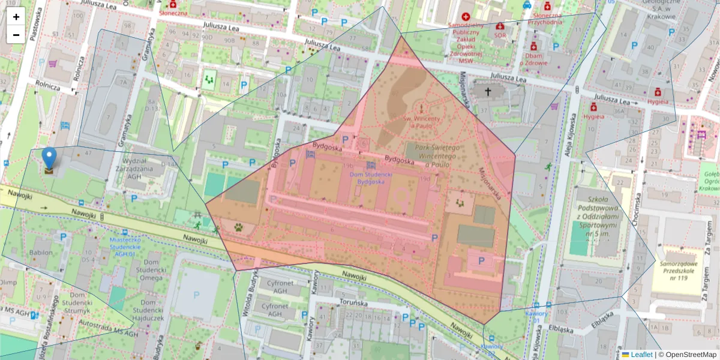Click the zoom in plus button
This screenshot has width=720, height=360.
coord(16,17)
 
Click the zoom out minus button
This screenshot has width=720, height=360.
coord(16,35)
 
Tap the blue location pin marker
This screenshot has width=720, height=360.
coord(49,158)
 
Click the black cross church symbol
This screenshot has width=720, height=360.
coord(488,92)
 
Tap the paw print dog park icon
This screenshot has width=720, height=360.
coord(238,228)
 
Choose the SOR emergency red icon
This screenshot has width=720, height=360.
coord(500,28)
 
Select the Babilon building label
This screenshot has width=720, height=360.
coord(41,253)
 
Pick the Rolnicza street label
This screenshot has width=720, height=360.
coord(47,85)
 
